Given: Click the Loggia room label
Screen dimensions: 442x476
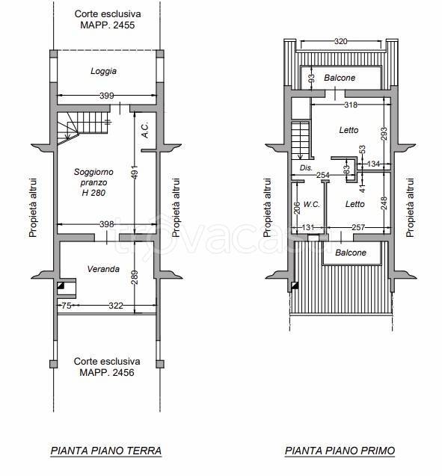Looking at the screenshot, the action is (x=104, y=71).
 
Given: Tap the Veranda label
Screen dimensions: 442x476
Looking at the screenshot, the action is (x=103, y=269).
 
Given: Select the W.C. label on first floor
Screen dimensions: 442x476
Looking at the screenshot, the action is (x=312, y=204).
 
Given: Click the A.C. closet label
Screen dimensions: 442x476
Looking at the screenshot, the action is (x=145, y=130).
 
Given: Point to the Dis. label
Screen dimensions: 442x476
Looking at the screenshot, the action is (x=306, y=168).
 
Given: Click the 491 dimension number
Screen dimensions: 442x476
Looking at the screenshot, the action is (x=135, y=172).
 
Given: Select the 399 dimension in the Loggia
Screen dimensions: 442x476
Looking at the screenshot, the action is (x=107, y=96).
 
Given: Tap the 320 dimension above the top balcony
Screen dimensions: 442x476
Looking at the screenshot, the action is (x=340, y=41).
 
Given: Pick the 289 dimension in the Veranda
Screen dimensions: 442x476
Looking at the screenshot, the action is (x=135, y=277).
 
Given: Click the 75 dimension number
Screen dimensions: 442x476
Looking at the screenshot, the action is (x=67, y=306).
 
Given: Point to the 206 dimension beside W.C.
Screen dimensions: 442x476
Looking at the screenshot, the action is (x=298, y=208).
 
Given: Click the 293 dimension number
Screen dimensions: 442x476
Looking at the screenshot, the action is (x=384, y=134).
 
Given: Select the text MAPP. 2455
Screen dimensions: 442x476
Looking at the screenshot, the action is (x=107, y=25).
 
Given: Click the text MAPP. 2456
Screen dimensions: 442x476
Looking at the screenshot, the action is (x=107, y=372).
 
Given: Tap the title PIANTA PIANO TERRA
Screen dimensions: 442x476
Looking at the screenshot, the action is (x=106, y=451).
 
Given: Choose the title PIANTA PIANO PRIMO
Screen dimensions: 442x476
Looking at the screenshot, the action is (x=340, y=451).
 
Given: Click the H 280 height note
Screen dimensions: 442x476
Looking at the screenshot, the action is (x=93, y=193).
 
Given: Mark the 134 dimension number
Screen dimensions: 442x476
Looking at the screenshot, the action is (x=374, y=164).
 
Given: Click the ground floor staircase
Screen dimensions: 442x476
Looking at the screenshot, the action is (x=83, y=128).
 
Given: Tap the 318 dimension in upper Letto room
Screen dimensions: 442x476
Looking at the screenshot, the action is (x=351, y=105).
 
